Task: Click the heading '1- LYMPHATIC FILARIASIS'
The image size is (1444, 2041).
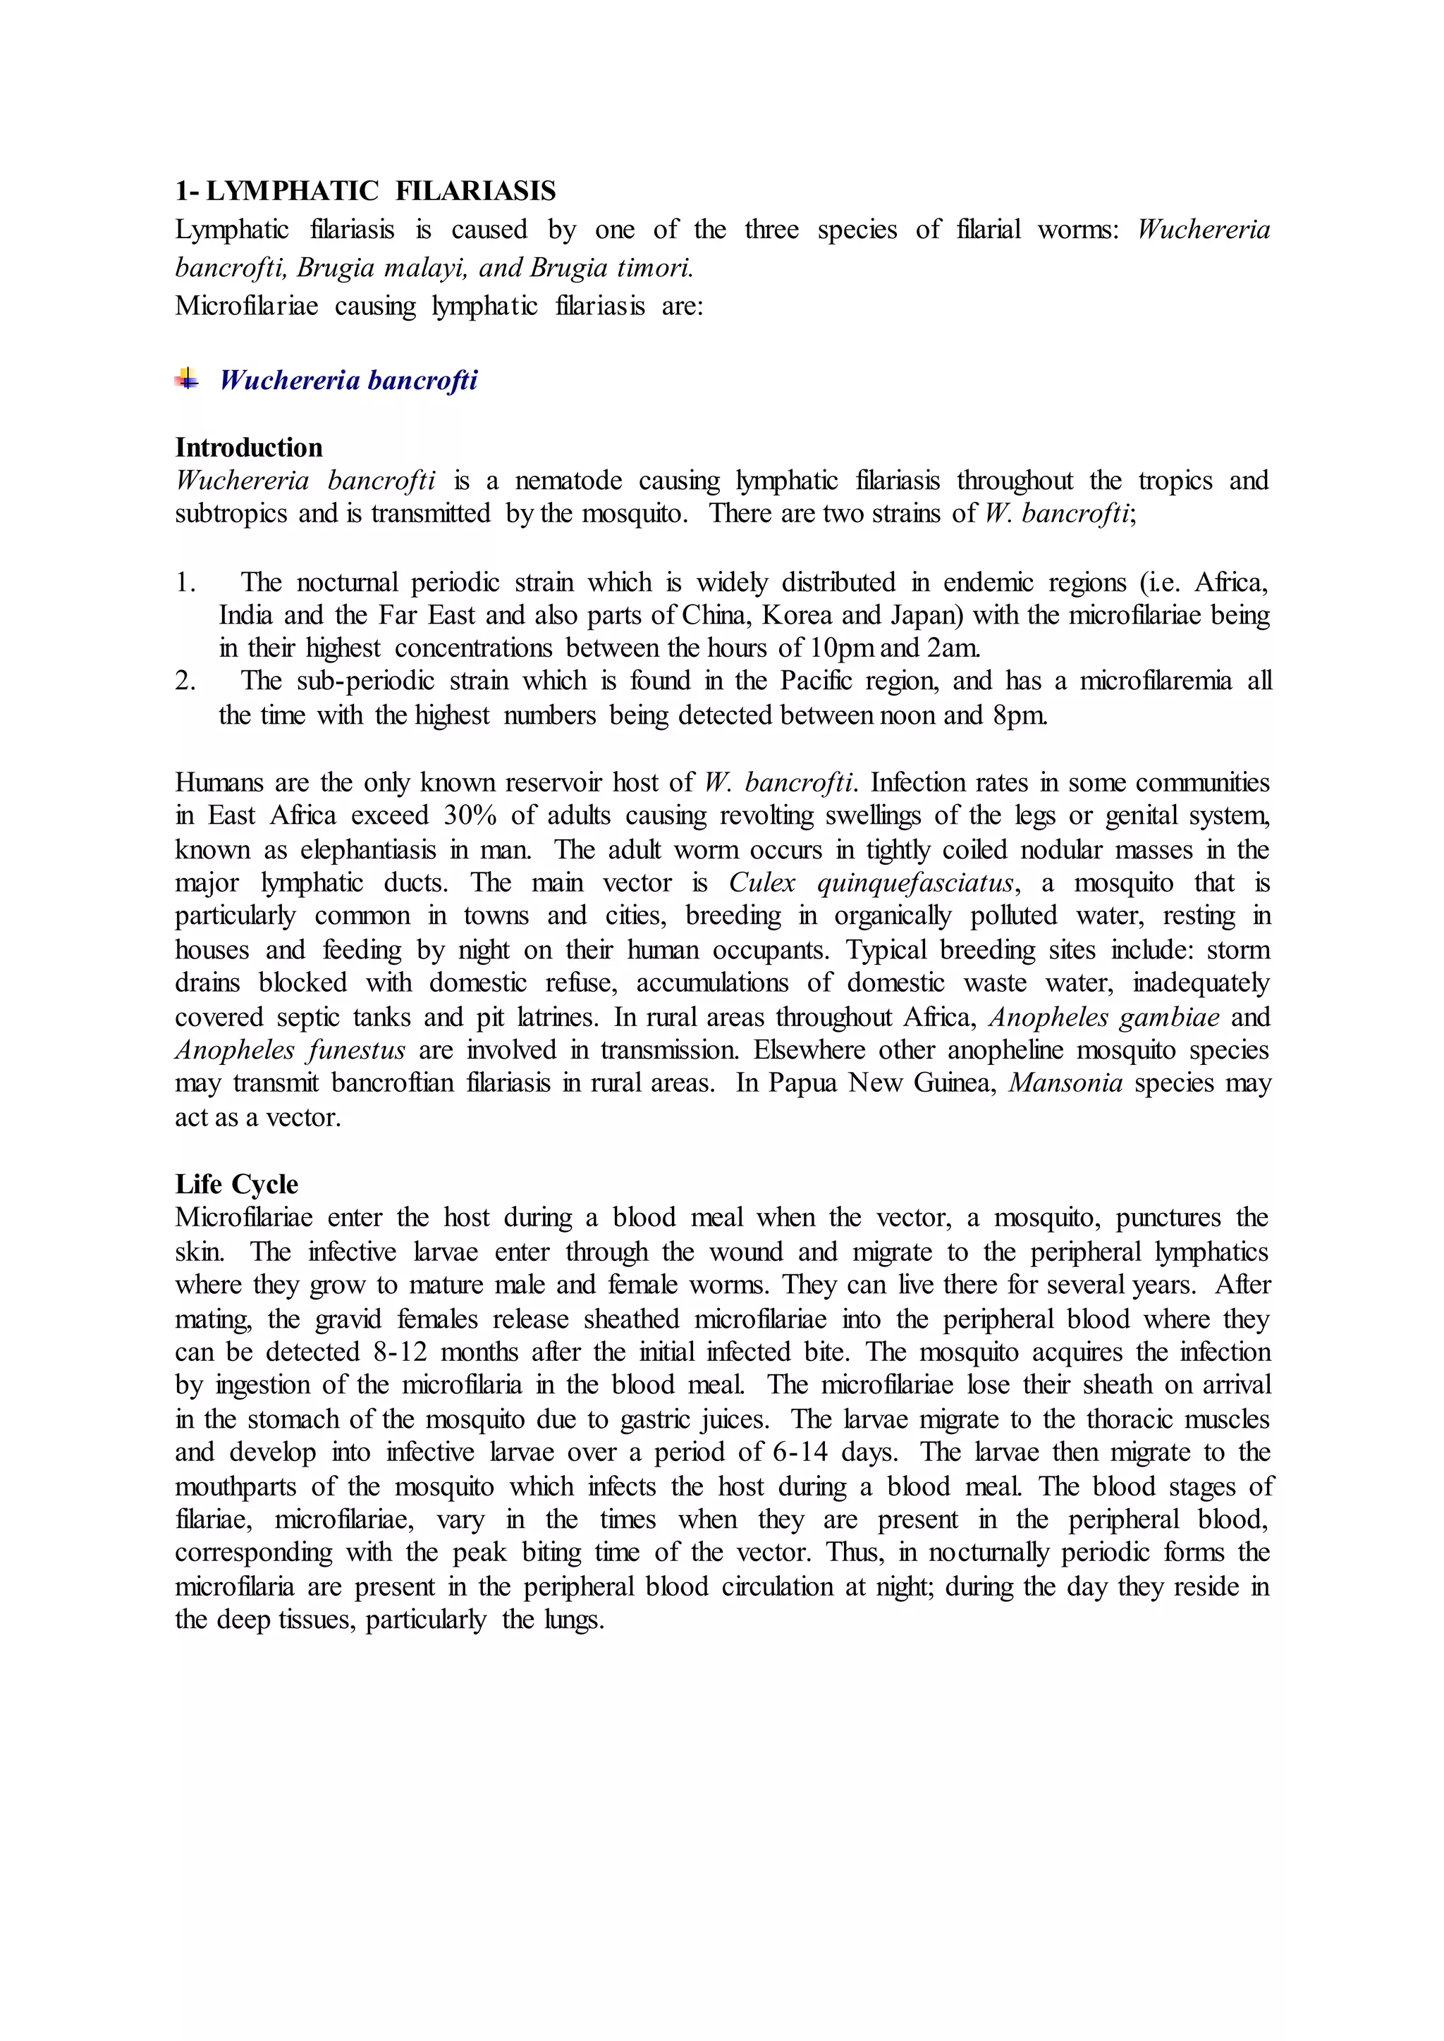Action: pyautogui.click(x=365, y=191)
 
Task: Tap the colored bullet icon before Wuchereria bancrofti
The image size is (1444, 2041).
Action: pyautogui.click(x=187, y=380)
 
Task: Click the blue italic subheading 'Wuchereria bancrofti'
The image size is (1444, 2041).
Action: pyautogui.click(x=348, y=381)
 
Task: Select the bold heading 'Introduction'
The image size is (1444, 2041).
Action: pyautogui.click(x=249, y=447)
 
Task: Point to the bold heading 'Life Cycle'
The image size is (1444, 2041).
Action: pyautogui.click(x=236, y=1184)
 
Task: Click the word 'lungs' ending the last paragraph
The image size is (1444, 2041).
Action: pyautogui.click(x=572, y=1620)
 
